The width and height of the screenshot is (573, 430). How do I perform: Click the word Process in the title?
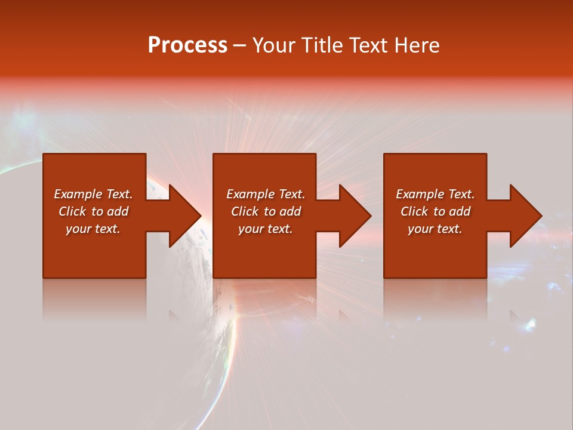tap(187, 45)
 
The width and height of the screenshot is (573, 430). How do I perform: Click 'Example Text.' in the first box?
tap(93, 194)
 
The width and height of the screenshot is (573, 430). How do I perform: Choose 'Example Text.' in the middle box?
tap(266, 194)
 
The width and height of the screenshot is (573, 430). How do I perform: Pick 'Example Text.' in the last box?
tap(435, 194)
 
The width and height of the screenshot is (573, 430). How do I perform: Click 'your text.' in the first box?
tap(93, 229)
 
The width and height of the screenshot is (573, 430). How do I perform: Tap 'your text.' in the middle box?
tap(266, 229)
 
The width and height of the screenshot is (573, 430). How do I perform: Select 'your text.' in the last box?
tap(435, 229)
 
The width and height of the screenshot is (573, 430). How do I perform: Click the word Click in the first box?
tap(72, 211)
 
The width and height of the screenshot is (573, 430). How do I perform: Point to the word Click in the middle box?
tap(245, 211)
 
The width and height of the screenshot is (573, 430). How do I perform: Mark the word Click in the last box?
tap(414, 211)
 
